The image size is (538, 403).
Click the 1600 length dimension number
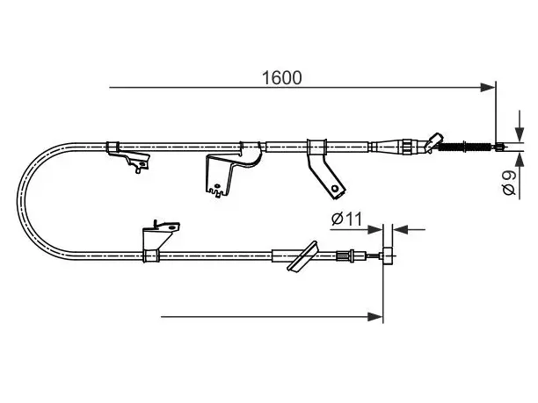coord(281,78)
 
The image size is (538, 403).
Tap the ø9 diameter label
coord(509,183)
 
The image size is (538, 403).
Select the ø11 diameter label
coord(347,219)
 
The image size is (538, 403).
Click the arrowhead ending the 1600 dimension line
coord(488,88)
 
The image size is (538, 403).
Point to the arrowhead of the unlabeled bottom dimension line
coord(375,317)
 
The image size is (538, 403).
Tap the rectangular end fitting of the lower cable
coord(388,255)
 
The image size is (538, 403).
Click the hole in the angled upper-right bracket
coord(334,189)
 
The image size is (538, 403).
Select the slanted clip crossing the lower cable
coord(302,256)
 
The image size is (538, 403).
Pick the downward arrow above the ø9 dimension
coord(520,126)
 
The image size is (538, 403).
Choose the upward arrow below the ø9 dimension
coord(520,176)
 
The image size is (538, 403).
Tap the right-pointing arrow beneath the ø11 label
coord(357,229)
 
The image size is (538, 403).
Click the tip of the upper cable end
coord(504,147)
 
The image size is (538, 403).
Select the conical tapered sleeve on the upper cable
coord(389,147)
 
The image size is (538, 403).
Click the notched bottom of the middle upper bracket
coord(217,192)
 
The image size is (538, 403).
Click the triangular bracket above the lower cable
coord(160,236)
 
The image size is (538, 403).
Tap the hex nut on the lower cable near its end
coord(351,256)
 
